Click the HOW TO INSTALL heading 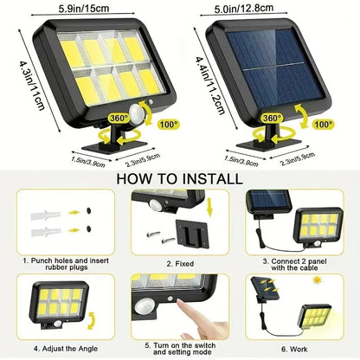[180, 179]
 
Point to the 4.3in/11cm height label [11, 90]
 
